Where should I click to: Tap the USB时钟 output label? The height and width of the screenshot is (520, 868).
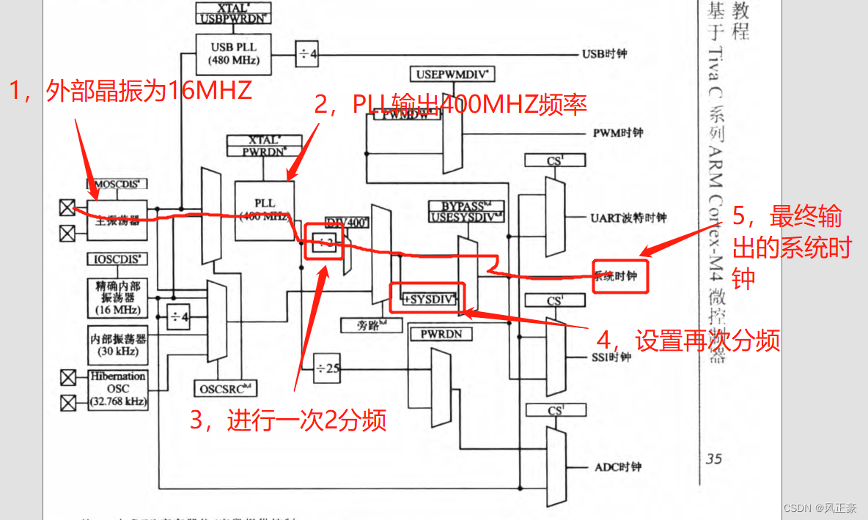click(604, 53)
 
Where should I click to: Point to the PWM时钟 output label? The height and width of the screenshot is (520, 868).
click(617, 133)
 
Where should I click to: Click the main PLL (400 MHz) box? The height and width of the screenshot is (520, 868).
click(265, 210)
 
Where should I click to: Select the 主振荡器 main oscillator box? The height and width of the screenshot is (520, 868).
click(117, 220)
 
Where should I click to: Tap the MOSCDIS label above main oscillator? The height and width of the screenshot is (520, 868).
click(117, 183)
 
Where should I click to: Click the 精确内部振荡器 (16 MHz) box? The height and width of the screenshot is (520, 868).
click(117, 297)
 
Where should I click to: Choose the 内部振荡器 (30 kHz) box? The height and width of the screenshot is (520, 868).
click(117, 345)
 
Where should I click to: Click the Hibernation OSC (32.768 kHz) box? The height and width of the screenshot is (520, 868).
click(117, 389)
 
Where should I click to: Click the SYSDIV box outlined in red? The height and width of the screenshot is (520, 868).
click(428, 298)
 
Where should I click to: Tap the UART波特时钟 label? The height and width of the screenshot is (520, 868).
click(628, 218)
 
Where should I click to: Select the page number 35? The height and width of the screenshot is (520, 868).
click(714, 459)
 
